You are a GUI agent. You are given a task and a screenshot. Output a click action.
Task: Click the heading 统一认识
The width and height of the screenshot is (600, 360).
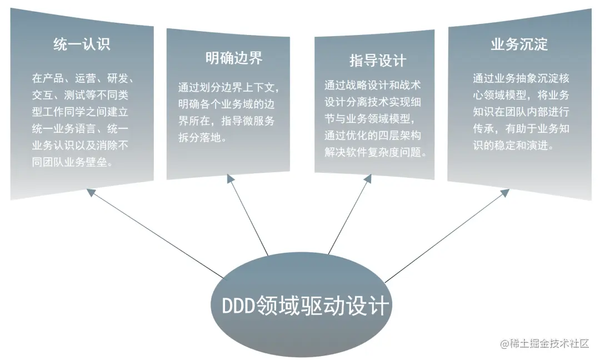coord(82,44)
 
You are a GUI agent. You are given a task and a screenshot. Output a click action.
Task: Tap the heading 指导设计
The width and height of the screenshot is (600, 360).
coord(378,60)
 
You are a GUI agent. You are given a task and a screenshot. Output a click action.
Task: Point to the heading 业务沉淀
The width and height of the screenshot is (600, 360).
coord(519,44)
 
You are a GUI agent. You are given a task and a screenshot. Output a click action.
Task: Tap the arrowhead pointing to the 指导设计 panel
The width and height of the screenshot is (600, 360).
coord(368,178)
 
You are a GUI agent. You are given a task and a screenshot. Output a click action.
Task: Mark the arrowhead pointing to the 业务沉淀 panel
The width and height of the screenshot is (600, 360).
coord(504,192)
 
